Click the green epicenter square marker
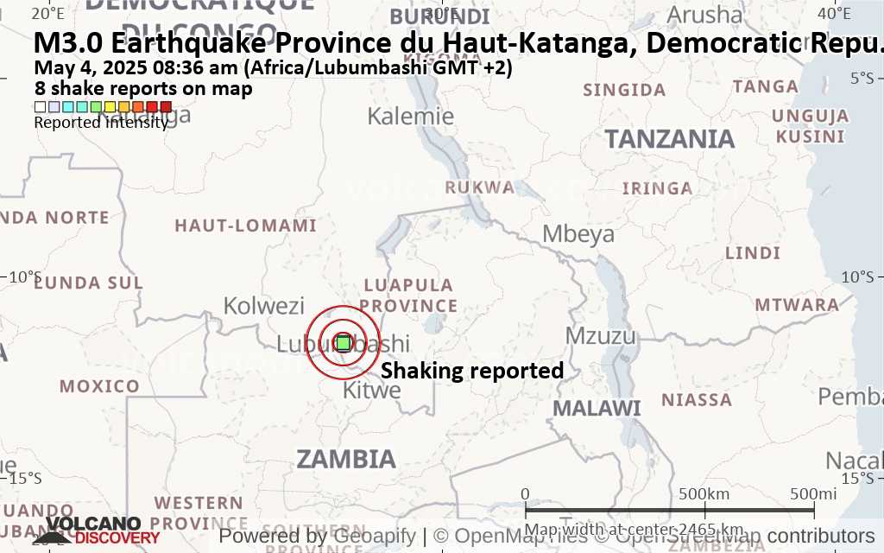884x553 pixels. [x=343, y=343]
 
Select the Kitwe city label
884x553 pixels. [x=372, y=391]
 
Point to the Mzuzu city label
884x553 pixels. [x=600, y=336]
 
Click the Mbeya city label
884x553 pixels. [x=578, y=233]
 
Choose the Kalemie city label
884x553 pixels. [x=411, y=116]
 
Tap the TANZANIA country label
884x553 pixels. [x=670, y=139]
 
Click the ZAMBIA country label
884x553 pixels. [x=346, y=459]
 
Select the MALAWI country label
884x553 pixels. [x=597, y=408]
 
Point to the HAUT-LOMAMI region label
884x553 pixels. [x=246, y=226]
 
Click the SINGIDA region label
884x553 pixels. [x=624, y=90]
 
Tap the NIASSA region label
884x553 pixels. [x=697, y=400]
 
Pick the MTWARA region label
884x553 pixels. [x=797, y=305]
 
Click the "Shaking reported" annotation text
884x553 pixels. [x=472, y=371]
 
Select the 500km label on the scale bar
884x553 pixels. [x=704, y=493]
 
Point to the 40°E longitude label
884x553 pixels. [x=836, y=13]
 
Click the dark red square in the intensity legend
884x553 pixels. [x=166, y=107]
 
